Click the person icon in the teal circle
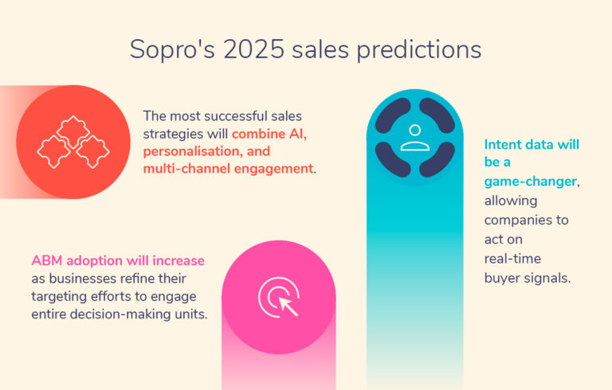pyautogui.click(x=414, y=138)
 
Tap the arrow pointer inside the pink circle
pyautogui.click(x=285, y=303)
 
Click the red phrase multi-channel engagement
pyautogui.click(x=229, y=168)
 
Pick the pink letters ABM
pyautogui.click(x=46, y=260)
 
